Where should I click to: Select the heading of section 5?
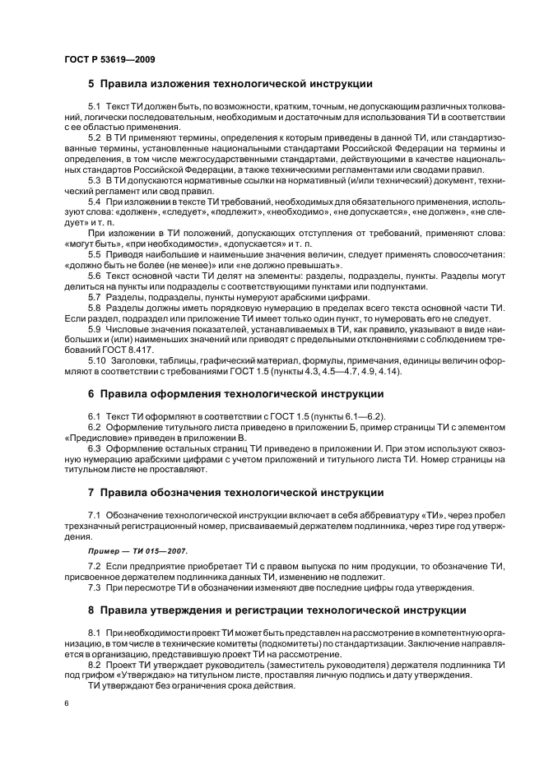point(230,84)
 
